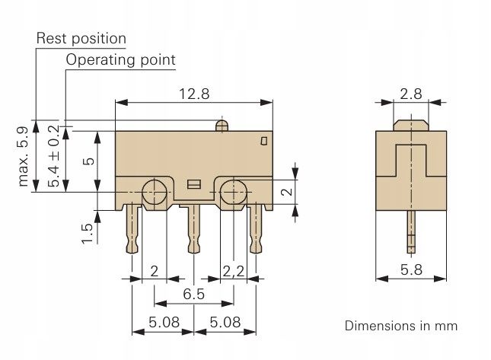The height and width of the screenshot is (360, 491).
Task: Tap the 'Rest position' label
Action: [x=81, y=38]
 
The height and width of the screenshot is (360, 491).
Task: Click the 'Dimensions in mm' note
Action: [x=412, y=326]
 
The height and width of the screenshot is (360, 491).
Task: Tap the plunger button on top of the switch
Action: [x=222, y=125]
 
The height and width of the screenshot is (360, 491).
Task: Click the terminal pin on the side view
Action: [x=411, y=233]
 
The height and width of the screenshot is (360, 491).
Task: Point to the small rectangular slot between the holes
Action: [x=193, y=183]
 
